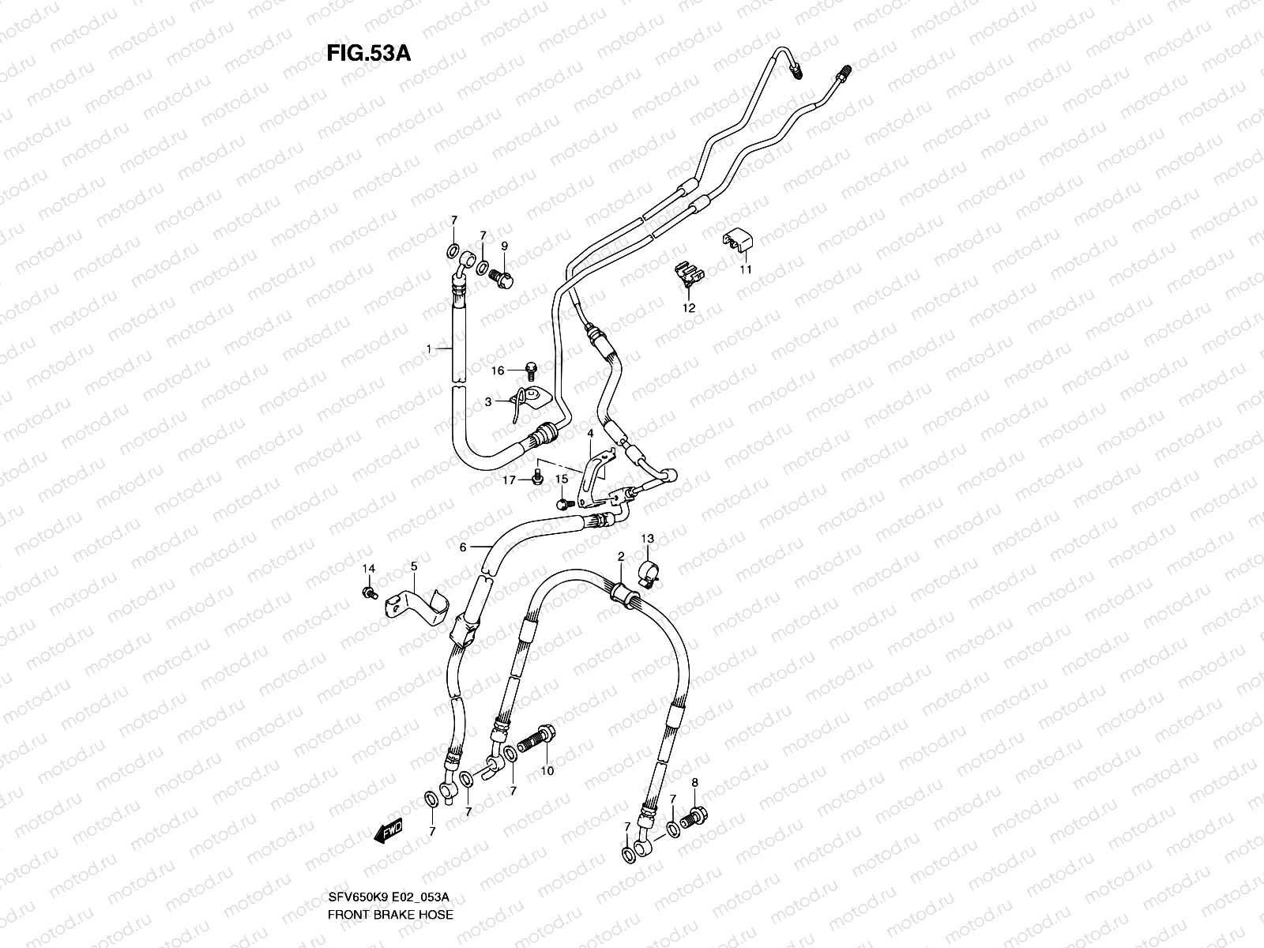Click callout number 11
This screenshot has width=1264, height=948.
coord(746,269)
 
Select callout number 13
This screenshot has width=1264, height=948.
coord(647,539)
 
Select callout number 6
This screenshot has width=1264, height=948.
coord(464,546)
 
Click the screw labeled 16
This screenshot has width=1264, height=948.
coord(532,368)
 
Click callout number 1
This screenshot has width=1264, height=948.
coord(429,348)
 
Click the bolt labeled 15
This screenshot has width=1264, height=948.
coord(563,502)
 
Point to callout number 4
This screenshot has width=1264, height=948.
coord(589,434)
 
